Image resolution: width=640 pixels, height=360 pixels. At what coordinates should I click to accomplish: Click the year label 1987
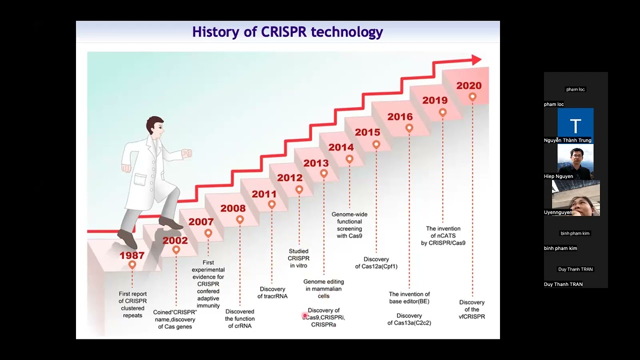(x=132, y=255)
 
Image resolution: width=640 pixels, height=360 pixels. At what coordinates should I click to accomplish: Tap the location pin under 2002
(x=176, y=249)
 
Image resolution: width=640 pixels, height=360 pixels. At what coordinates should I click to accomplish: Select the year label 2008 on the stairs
(x=233, y=208)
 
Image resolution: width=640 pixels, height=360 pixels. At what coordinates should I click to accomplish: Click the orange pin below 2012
(x=299, y=189)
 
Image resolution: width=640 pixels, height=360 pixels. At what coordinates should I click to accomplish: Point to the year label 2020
(x=469, y=85)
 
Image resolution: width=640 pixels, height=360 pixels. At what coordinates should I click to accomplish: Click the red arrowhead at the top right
(x=475, y=60)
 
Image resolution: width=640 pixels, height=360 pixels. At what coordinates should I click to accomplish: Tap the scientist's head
(x=155, y=128)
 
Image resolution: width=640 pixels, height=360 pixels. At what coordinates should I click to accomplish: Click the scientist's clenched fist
(x=187, y=153)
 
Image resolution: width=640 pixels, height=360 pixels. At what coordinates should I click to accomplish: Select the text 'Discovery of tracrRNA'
(x=272, y=292)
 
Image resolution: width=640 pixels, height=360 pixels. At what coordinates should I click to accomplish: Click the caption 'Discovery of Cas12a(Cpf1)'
(x=376, y=263)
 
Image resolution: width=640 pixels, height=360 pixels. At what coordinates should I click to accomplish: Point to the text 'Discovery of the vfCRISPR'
(x=472, y=309)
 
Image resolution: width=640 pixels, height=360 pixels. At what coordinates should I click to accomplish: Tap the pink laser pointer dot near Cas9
(x=304, y=315)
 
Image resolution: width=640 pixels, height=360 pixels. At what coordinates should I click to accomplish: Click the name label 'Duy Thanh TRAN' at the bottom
(x=563, y=284)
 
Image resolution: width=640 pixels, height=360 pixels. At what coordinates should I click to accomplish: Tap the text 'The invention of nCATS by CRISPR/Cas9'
(x=443, y=235)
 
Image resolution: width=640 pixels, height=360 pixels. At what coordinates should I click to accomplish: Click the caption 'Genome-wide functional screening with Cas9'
(x=349, y=225)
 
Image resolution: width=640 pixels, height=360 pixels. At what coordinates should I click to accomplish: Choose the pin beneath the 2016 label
(x=409, y=128)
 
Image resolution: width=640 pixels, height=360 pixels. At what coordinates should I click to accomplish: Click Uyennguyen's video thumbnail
(x=576, y=198)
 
